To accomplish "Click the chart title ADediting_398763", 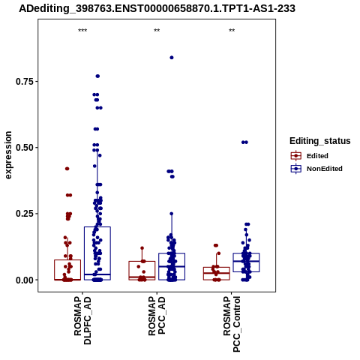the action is click(157, 9).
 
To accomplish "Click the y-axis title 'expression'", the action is click(8, 155).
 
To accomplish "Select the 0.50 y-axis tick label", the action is click(25, 148).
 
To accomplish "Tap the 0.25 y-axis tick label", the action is click(25, 214).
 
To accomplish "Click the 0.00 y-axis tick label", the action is click(25, 280).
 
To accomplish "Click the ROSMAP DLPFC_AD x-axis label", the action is click(82, 321).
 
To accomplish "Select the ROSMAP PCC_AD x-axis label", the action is click(157, 316).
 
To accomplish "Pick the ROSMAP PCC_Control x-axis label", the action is click(232, 324).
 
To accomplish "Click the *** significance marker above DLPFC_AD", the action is click(82, 31).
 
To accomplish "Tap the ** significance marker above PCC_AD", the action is click(157, 31).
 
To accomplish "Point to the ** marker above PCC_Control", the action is click(232, 31).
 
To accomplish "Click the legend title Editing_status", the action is click(320, 141).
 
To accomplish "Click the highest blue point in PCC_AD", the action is click(172, 58).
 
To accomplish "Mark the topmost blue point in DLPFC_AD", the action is click(97, 76).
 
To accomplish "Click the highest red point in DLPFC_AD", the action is click(67, 169).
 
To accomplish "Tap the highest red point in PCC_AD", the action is click(142, 248).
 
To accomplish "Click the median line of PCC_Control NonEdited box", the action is click(246, 261).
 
